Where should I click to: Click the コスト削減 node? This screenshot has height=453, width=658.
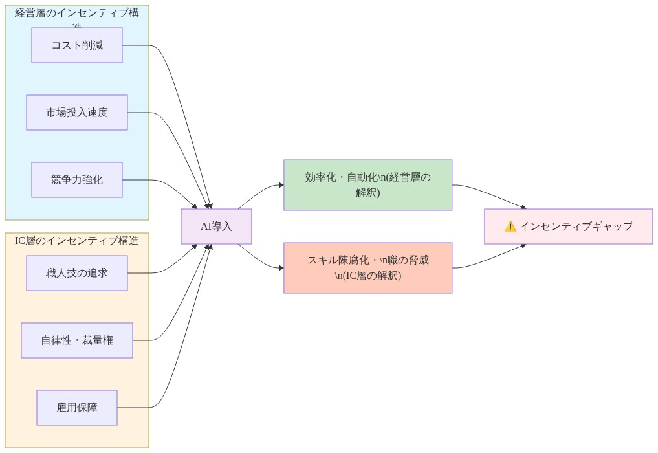tap(77, 45)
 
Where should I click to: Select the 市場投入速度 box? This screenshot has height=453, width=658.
tap(77, 113)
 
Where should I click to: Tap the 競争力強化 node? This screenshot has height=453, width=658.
tap(77, 180)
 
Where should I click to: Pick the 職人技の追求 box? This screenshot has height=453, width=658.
tap(77, 273)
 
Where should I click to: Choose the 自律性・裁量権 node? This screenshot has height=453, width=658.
tap(77, 340)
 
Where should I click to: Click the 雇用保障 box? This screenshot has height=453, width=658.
tap(77, 408)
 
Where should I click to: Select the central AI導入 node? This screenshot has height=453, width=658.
tap(216, 226)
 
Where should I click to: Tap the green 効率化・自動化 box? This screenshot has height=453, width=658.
tap(367, 185)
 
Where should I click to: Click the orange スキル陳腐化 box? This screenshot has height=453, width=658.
tap(367, 268)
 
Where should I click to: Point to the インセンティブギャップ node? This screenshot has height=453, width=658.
tap(568, 226)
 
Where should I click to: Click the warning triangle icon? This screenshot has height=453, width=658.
tap(510, 226)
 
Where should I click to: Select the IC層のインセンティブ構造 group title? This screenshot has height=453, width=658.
tap(77, 241)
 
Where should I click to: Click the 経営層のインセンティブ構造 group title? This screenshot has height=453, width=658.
tap(77, 14)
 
